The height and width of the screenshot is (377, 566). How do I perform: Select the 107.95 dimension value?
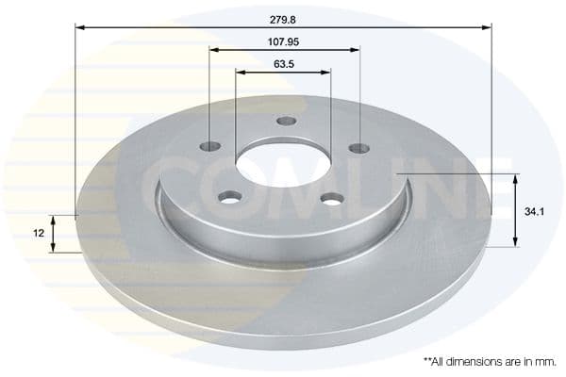click(x=283, y=41)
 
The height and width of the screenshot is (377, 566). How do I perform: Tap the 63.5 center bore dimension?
click(x=282, y=64)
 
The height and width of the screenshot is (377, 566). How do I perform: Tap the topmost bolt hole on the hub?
click(x=286, y=121)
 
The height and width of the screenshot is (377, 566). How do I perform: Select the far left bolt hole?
click(x=210, y=147)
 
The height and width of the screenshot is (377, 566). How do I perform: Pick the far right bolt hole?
click(x=358, y=147)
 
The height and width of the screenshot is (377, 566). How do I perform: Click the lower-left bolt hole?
click(x=229, y=196)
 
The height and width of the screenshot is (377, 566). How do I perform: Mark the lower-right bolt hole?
click(x=330, y=198)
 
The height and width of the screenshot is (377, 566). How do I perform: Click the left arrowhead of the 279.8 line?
click(x=80, y=29)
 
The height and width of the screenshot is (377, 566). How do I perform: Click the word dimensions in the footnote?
click(x=469, y=361)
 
